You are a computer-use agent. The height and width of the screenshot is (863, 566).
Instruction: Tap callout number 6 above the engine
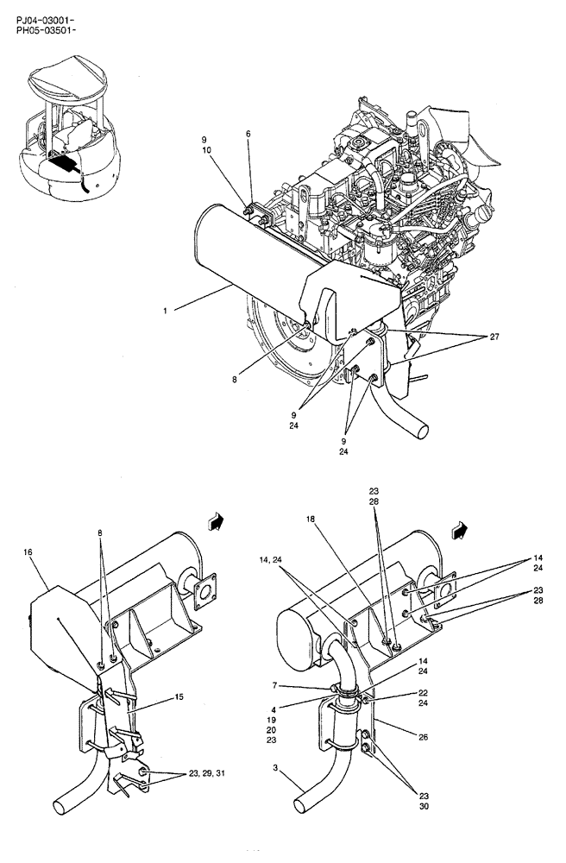point(248,134)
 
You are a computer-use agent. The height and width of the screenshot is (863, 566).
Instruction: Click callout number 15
point(179,696)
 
